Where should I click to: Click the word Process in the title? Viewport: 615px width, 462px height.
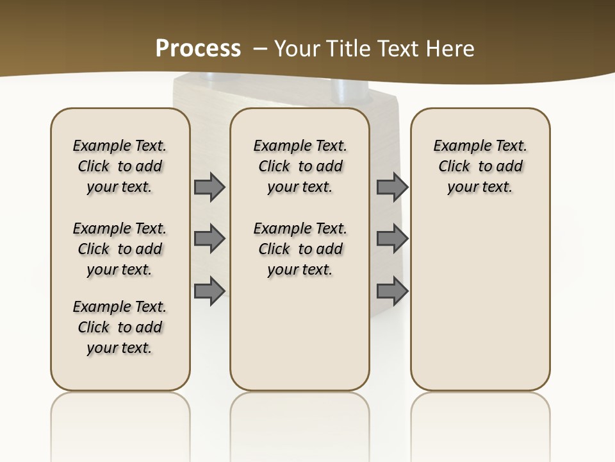[x=198, y=48]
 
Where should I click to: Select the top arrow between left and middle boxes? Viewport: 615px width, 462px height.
[x=209, y=187]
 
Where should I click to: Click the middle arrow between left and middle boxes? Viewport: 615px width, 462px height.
[x=209, y=239]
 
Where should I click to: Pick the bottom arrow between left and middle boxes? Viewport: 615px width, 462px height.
[x=209, y=291]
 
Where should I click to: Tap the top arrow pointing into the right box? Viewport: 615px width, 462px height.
[x=392, y=187]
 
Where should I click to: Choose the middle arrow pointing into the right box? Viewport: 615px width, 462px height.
[x=392, y=239]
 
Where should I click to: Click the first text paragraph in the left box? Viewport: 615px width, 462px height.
[x=120, y=166]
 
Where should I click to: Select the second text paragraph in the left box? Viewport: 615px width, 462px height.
[x=120, y=249]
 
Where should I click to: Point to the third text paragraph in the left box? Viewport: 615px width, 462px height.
[x=120, y=327]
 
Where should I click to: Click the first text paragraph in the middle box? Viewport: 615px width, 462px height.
[x=300, y=166]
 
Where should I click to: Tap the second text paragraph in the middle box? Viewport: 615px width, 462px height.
[x=300, y=249]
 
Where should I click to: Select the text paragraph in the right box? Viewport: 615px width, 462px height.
[x=480, y=166]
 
